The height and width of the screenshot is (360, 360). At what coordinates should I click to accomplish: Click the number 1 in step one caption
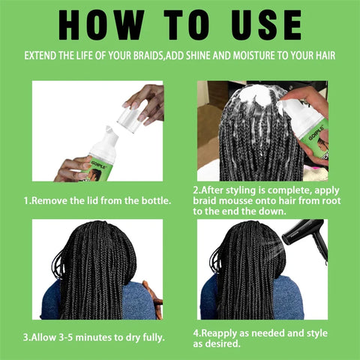click(x=27, y=200)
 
